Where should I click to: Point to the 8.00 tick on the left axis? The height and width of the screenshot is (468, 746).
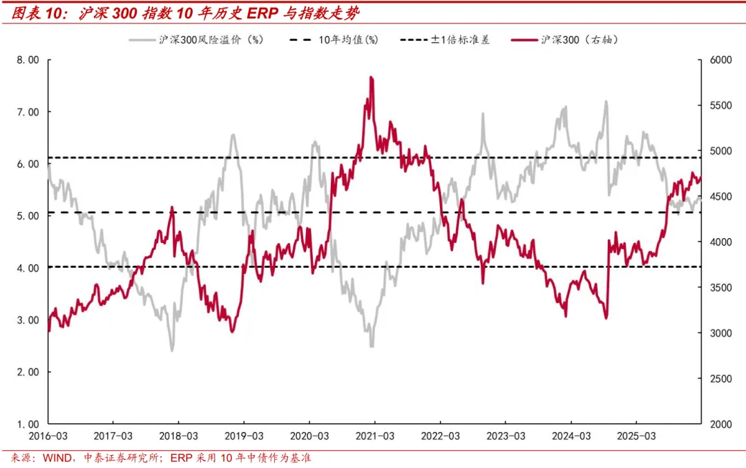28,60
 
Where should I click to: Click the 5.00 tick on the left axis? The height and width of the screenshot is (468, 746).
28,216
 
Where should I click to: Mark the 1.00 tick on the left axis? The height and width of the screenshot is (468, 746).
28,424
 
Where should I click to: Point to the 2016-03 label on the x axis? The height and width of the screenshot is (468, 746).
48,437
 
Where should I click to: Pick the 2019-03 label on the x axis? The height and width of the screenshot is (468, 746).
243,437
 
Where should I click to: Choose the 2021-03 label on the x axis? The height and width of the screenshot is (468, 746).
374,437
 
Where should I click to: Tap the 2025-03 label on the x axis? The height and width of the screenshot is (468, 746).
635,437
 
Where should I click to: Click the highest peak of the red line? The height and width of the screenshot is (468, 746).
372,77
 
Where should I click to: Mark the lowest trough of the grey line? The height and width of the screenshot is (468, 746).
172,350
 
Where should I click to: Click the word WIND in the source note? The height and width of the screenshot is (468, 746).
59,458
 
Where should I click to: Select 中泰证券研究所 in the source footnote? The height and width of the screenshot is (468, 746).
122,458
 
